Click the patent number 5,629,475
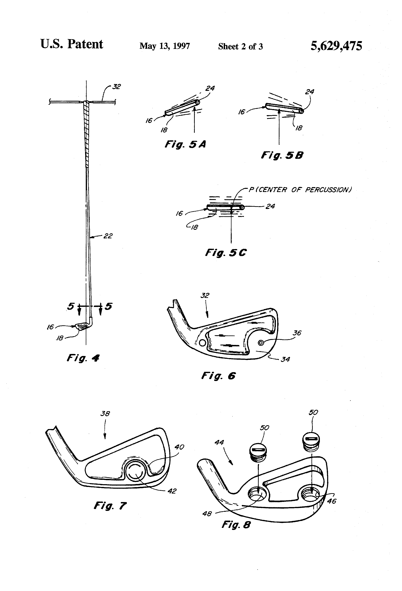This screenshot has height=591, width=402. tap(336, 46)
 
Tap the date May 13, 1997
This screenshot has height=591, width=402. tap(164, 46)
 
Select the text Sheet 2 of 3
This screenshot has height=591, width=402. tap(240, 46)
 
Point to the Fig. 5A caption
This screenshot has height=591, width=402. tap(185, 144)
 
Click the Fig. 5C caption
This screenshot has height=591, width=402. tap(226, 252)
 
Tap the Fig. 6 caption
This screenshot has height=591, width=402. tap(218, 376)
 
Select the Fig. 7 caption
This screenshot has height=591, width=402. tap(110, 506)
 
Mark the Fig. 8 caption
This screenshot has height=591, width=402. tap(236, 524)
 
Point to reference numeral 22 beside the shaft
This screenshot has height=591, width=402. tap(108, 236)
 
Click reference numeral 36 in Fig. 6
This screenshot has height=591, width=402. tap(297, 333)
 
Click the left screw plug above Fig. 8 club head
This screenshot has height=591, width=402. tap(258, 453)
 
